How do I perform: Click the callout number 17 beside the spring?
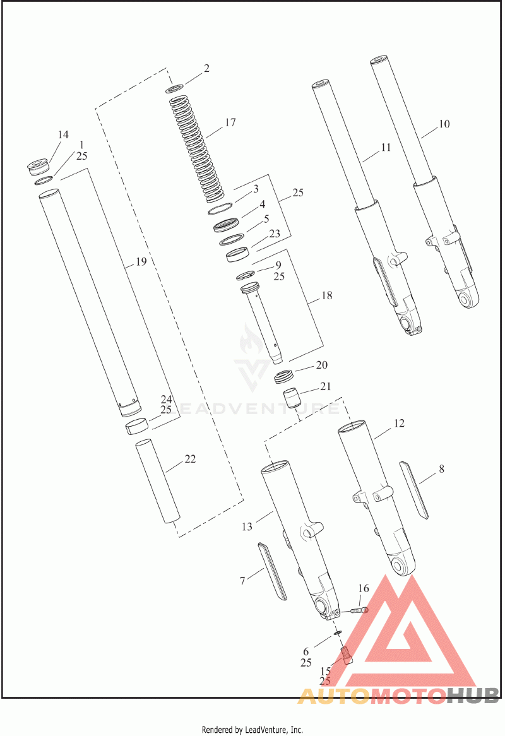coord(230,122)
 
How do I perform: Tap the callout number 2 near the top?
coord(206,69)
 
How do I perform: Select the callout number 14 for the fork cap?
coord(63,135)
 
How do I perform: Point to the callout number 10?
coord(444,124)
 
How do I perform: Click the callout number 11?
coord(386,147)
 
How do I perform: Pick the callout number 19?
coord(141,261)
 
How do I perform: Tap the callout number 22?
coord(190,459)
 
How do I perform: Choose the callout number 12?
coord(399,424)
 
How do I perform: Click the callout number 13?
coord(247,526)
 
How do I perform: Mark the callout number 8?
coord(441,469)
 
